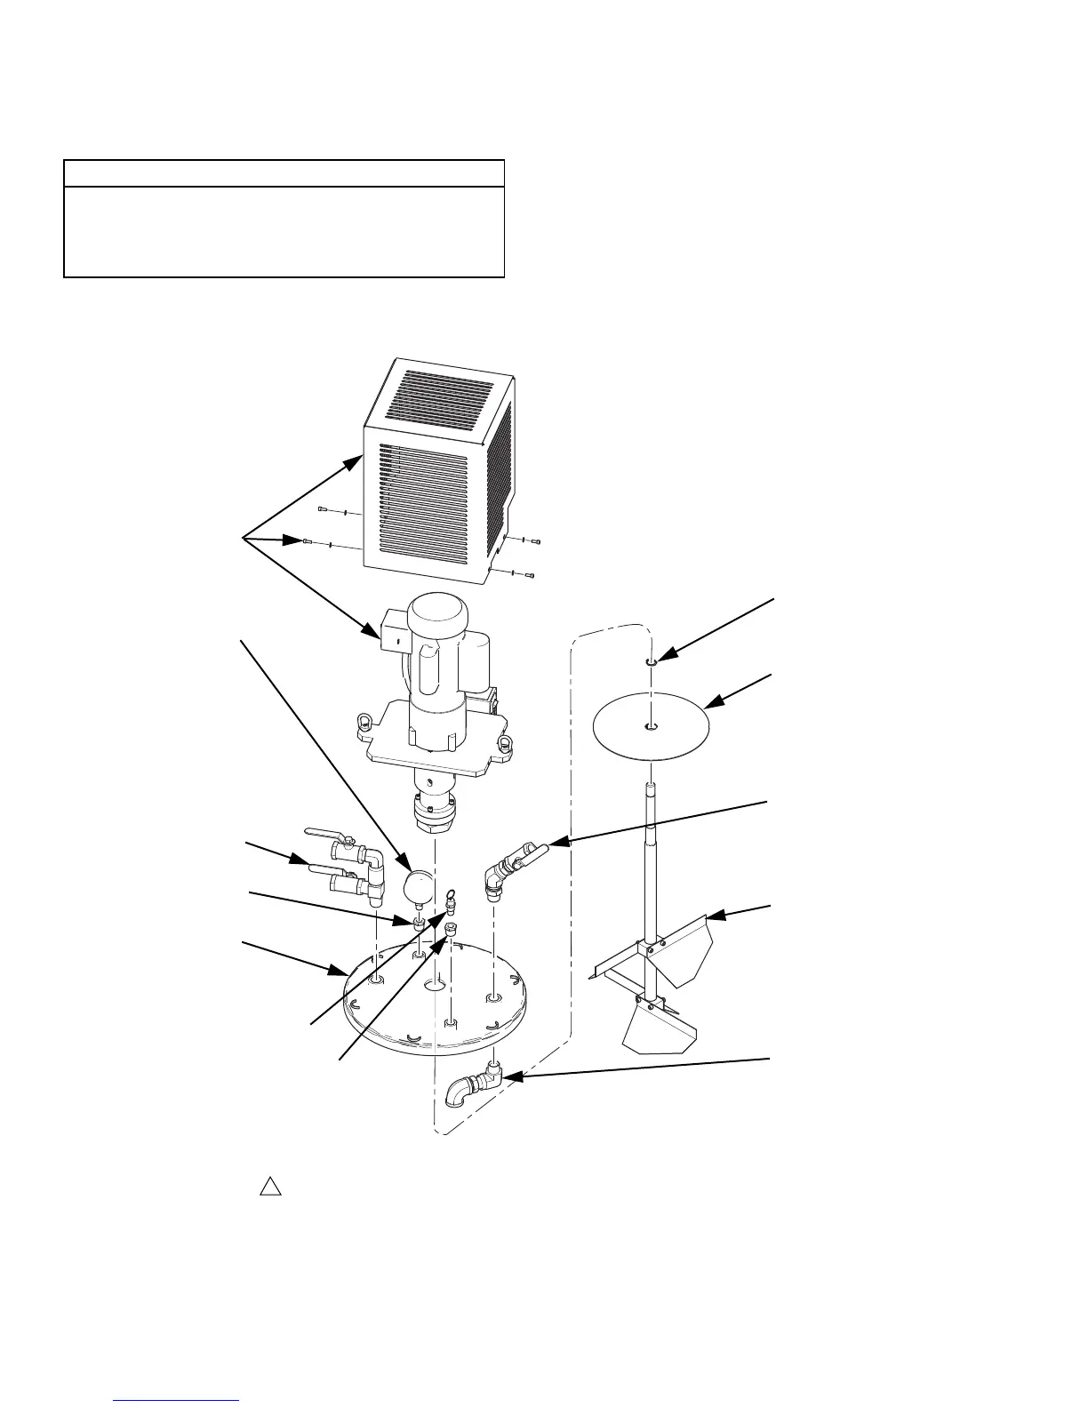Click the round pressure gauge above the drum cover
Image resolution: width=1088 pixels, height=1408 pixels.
[x=416, y=884]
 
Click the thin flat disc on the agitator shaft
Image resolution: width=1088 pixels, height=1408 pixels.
[x=651, y=726]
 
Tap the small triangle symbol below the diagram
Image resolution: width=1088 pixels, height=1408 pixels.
[x=270, y=1187]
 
